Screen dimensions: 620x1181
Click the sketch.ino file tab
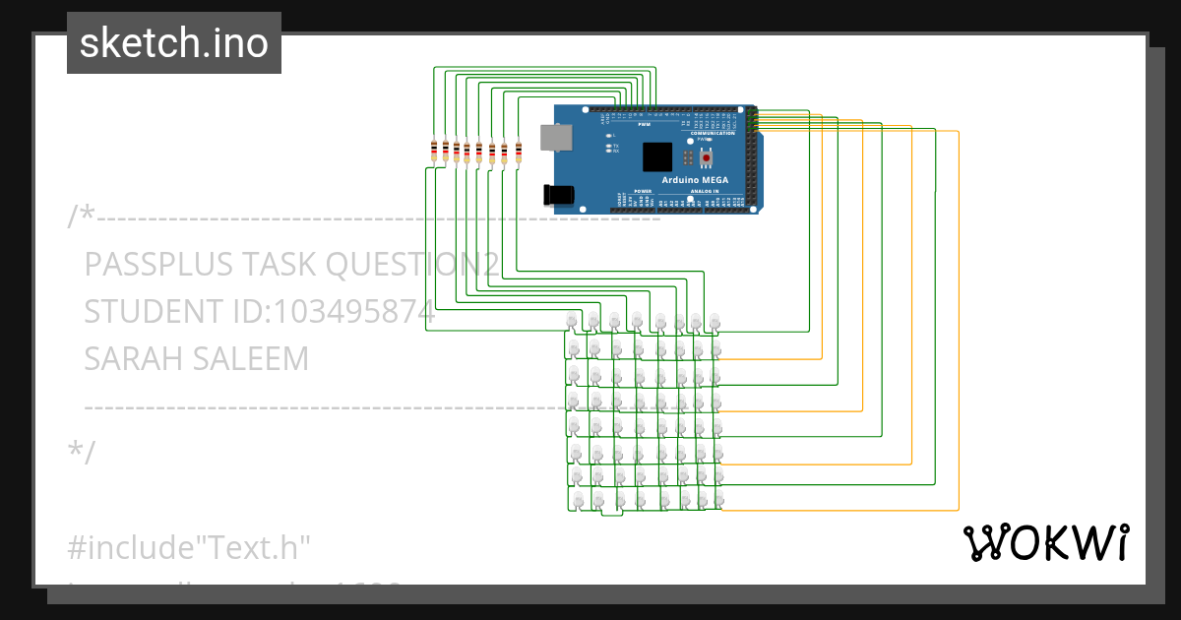click(x=174, y=43)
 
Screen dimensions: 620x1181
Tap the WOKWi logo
click(x=1044, y=542)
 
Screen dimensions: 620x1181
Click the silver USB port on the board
click(x=556, y=137)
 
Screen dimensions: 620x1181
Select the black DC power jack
click(x=559, y=195)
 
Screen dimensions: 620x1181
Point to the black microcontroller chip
click(x=657, y=157)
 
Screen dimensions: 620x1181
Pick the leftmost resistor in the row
click(x=434, y=151)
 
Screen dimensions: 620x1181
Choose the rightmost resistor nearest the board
click(x=518, y=151)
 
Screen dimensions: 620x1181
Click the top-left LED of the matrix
click(x=574, y=322)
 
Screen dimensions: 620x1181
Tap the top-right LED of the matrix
click(x=715, y=322)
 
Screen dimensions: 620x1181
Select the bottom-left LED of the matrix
click(x=576, y=501)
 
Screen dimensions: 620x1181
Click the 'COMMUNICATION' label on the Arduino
click(x=713, y=133)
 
